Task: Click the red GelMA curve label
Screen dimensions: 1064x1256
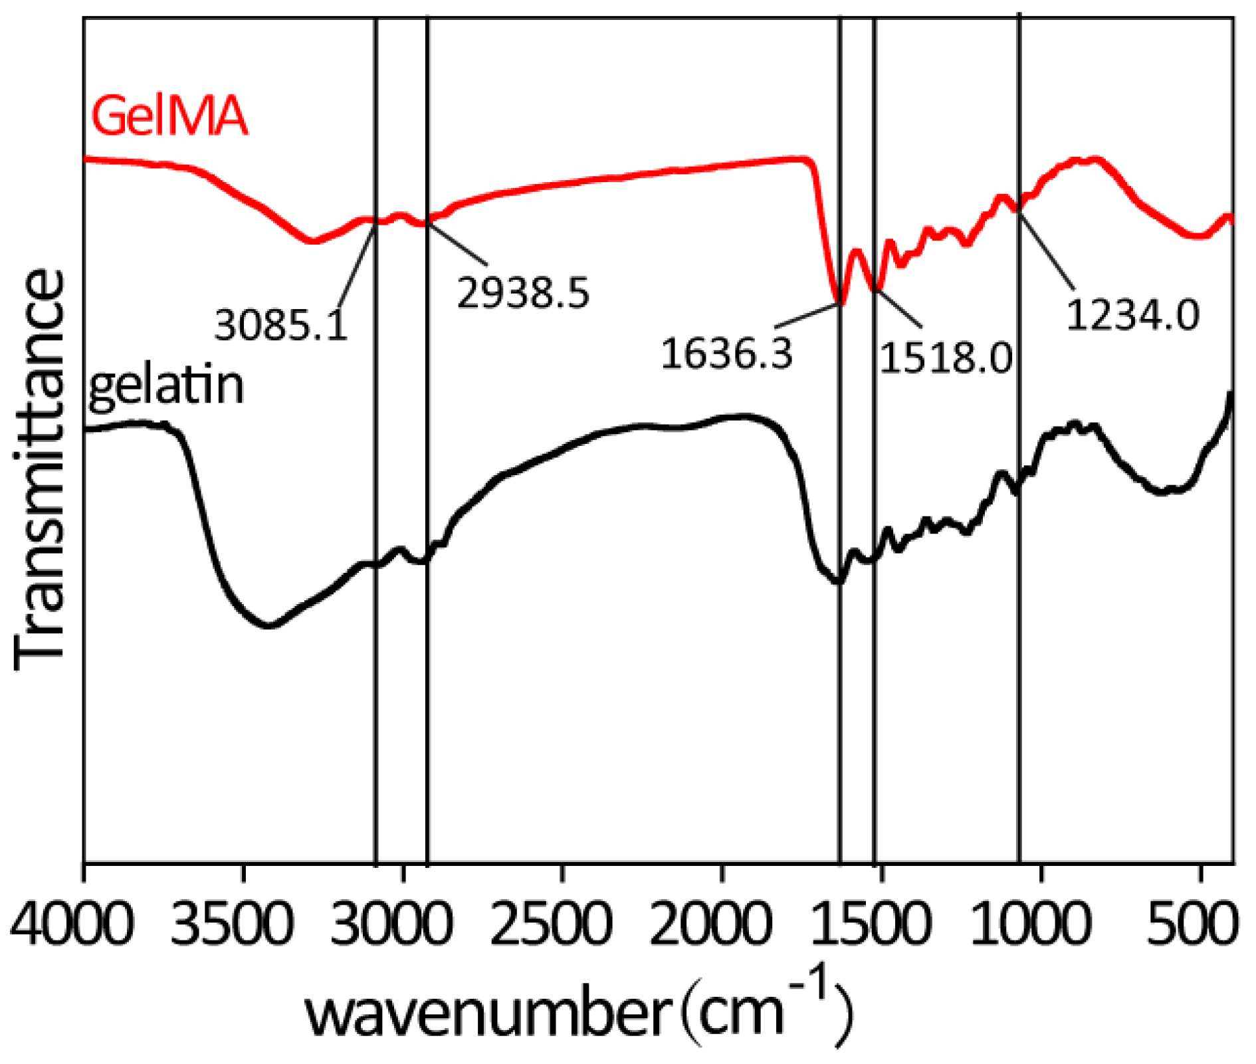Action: click(169, 117)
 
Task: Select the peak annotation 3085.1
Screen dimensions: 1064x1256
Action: click(281, 326)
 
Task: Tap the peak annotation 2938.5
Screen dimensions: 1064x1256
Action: click(523, 292)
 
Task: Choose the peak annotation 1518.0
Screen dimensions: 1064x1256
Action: click(946, 358)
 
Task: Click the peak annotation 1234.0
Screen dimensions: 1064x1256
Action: click(1133, 314)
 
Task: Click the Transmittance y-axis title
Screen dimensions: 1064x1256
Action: click(40, 469)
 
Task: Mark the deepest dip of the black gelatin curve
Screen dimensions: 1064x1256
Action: click(268, 625)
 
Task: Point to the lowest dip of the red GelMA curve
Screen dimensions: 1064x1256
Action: click(839, 303)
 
